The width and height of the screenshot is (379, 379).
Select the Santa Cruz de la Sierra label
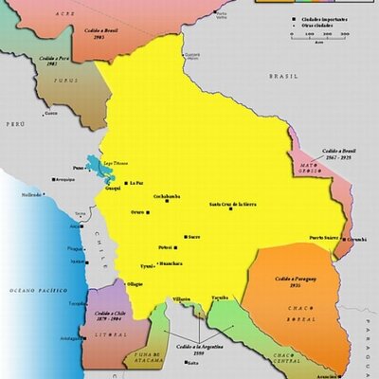click(x=233, y=205)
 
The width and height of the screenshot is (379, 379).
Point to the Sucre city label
click(x=193, y=236)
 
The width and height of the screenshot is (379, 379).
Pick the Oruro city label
click(x=137, y=211)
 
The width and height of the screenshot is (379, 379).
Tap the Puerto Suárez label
click(x=325, y=237)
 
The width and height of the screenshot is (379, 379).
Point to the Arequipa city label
click(x=63, y=178)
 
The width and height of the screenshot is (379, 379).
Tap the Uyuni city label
click(x=146, y=267)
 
